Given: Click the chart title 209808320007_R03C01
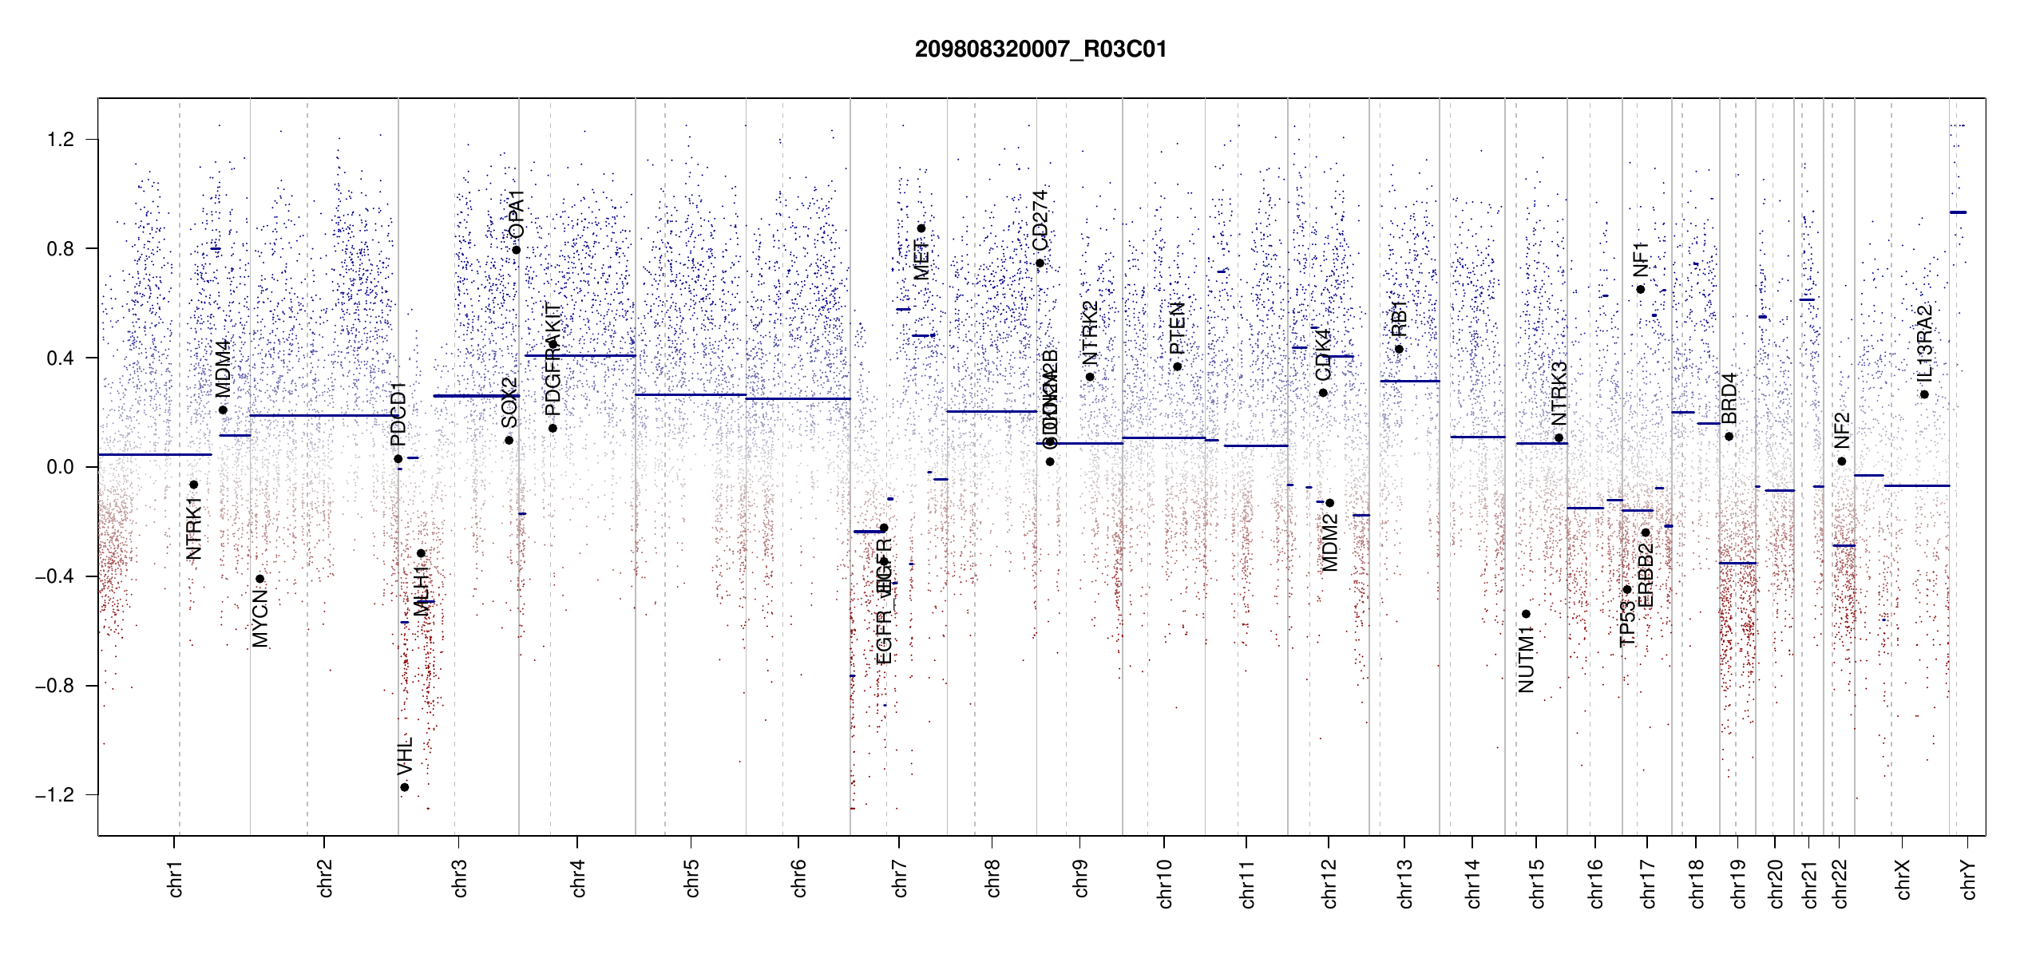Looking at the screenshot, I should [x=1040, y=49].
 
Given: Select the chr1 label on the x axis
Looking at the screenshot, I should [x=175, y=878].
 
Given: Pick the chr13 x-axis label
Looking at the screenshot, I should [x=1404, y=883].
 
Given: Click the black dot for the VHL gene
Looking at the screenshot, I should [x=405, y=787].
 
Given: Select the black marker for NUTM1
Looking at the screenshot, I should [x=1526, y=614].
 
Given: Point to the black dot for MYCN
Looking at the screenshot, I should [x=259, y=579].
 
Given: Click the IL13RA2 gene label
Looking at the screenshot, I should [x=1924, y=342].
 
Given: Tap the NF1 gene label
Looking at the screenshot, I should [x=1640, y=259].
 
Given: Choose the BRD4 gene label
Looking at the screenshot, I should [x=1729, y=398].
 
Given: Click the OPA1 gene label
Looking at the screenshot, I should [x=517, y=214].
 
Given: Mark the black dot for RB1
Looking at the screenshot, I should [x=1399, y=349].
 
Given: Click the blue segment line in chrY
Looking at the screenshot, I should [x=1958, y=212].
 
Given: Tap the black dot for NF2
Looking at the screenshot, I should [x=1842, y=461].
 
